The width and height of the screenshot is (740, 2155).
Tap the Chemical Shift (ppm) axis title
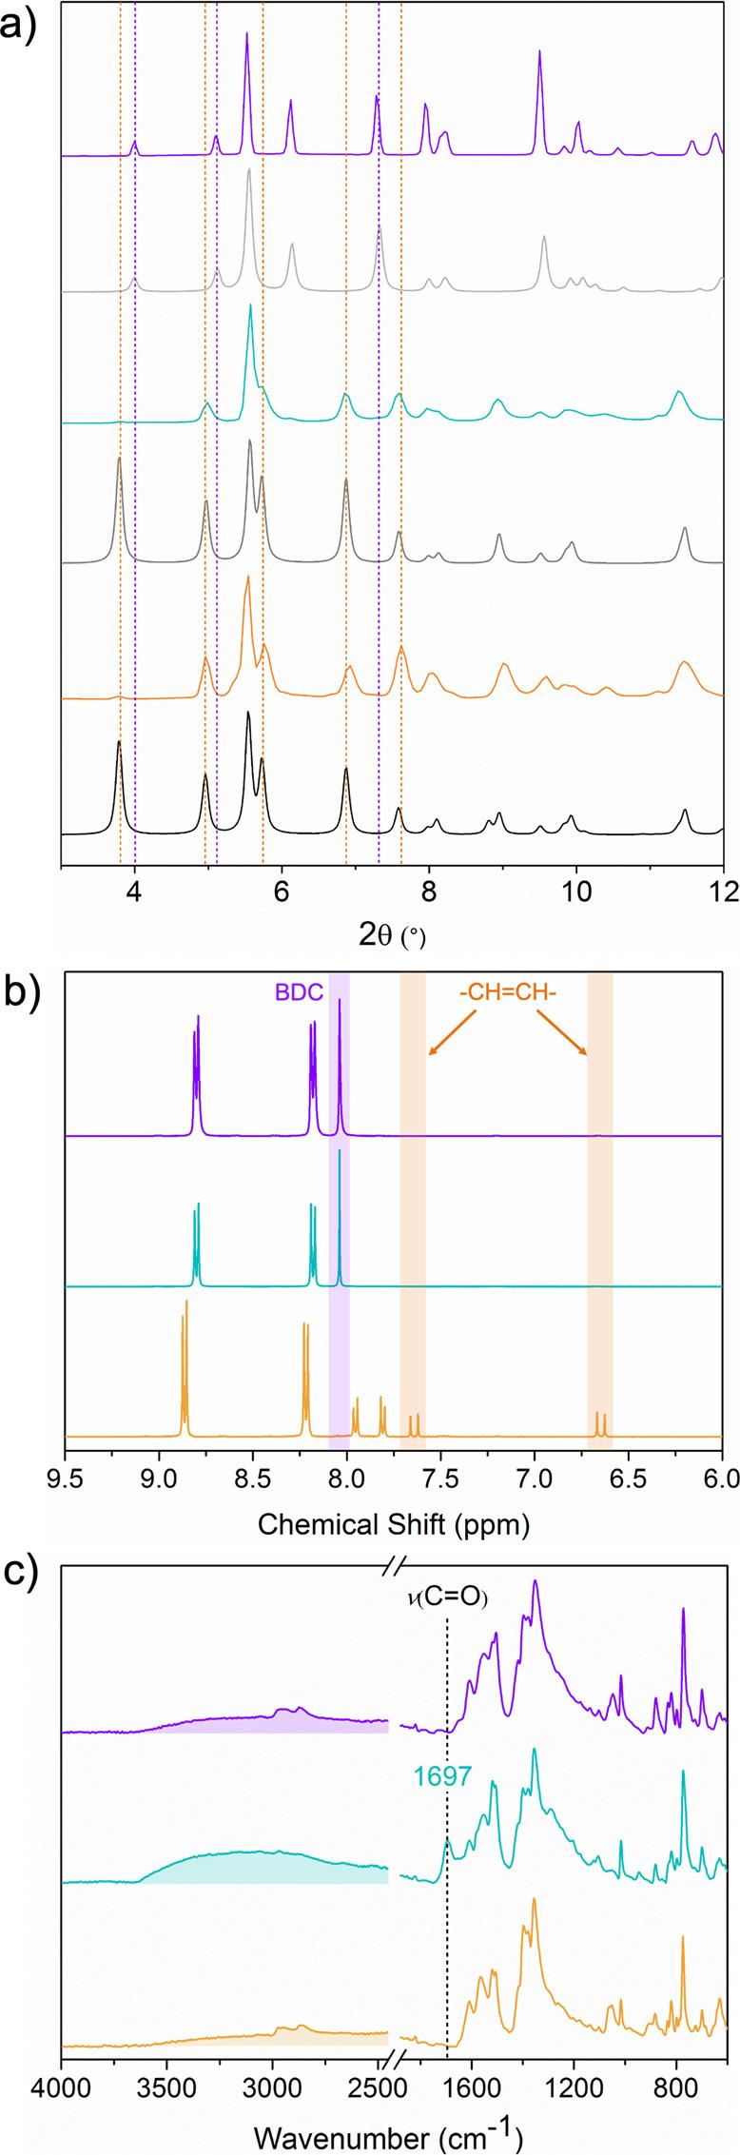pos(393,1524)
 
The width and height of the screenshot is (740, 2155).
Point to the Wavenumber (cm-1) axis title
pos(393,2131)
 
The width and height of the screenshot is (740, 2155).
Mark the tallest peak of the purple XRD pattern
pos(246,34)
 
